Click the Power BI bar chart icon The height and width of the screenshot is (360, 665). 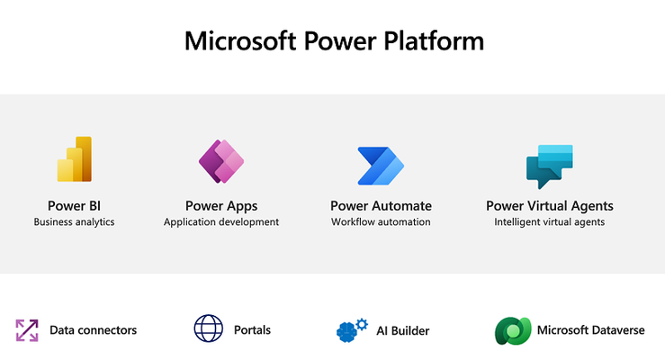[x=75, y=159]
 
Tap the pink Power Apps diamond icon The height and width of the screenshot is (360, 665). [x=221, y=161]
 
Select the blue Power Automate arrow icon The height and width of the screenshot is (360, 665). [x=381, y=166]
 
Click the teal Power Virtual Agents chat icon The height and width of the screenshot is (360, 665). [x=550, y=166]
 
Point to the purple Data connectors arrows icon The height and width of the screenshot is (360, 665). [x=27, y=330]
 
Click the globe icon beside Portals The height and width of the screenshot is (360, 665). [x=209, y=328]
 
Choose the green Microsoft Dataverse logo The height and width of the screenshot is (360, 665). [x=513, y=330]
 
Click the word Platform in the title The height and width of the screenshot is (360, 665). [x=434, y=41]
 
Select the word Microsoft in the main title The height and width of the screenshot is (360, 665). [x=240, y=41]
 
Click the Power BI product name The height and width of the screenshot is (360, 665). [x=74, y=206]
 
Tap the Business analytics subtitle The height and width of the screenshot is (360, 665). [x=74, y=221]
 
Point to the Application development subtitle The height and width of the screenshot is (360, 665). [x=221, y=221]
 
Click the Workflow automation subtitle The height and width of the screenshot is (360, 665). [x=381, y=221]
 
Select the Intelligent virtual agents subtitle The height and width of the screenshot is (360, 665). [x=550, y=221]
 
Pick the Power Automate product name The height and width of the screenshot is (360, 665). [x=381, y=206]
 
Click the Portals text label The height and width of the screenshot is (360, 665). [x=252, y=330]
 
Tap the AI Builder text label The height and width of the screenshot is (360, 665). [x=403, y=330]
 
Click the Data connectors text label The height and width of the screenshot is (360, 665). [x=94, y=330]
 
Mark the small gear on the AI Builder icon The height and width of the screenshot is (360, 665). [x=362, y=324]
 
